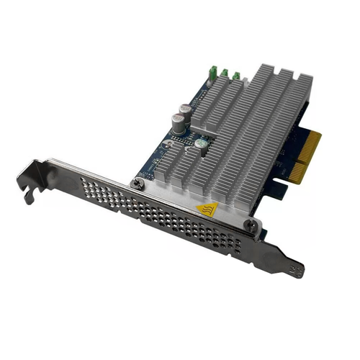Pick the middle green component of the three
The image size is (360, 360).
click(x=225, y=73)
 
